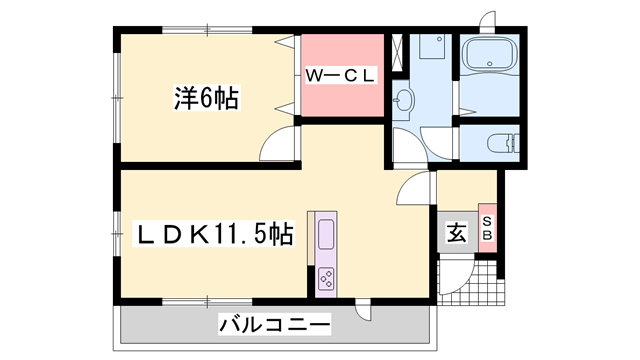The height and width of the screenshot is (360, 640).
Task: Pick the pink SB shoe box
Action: pos(488,229)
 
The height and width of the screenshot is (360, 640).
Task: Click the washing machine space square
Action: pos(433,51)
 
